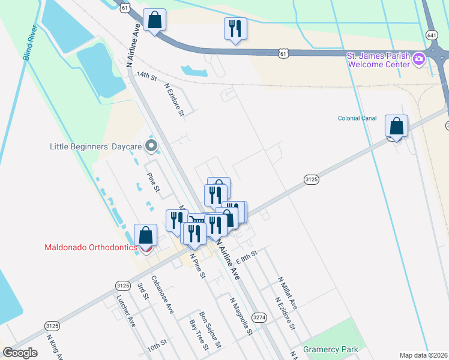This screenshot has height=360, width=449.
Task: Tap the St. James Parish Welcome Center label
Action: pos(378,59)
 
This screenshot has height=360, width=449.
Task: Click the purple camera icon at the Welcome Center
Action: pos(419,59)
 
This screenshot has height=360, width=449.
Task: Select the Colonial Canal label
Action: pos(357,118)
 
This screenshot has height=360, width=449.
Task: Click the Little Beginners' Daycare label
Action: pos(97,146)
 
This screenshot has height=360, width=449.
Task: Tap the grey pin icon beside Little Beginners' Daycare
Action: pos(151,145)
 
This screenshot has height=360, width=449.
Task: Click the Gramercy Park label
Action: pos(330,349)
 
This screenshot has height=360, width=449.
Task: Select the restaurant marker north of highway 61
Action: pos(234,28)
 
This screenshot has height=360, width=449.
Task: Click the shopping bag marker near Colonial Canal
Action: pos(396,127)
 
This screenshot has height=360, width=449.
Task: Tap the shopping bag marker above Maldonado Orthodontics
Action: pos(145,236)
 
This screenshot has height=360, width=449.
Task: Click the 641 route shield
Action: pos(431,34)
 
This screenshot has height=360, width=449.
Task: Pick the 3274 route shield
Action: pos(259,317)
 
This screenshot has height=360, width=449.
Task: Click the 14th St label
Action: pos(146,77)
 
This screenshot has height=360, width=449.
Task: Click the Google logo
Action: pos(20,353)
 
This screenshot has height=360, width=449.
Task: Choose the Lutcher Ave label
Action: pos(126,313)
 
